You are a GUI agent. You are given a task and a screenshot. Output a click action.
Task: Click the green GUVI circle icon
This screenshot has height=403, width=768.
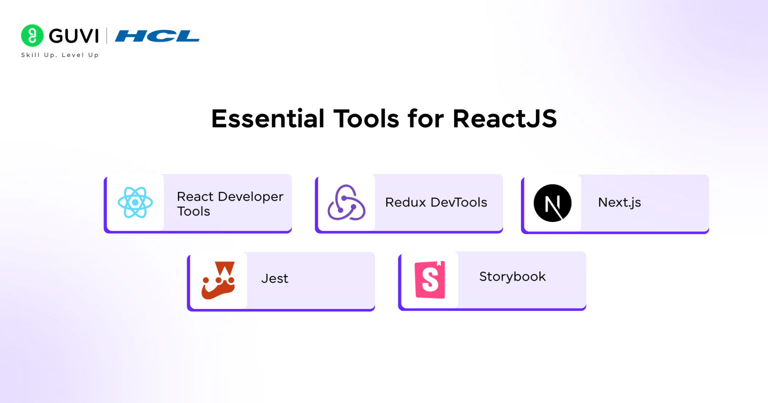(32, 35)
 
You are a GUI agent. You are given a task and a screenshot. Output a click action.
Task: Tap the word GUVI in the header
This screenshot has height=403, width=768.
(74, 36)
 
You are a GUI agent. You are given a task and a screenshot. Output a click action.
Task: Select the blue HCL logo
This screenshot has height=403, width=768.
(157, 36)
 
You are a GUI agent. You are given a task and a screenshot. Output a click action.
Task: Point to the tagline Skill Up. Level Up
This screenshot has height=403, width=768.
(60, 55)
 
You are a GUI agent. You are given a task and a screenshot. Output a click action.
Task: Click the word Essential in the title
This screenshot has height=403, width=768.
(268, 119)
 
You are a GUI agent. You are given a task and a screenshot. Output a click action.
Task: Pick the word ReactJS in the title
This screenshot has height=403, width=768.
(504, 119)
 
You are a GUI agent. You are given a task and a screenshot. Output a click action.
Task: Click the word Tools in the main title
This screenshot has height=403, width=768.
(366, 119)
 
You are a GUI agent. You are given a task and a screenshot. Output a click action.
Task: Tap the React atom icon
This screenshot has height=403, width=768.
(135, 202)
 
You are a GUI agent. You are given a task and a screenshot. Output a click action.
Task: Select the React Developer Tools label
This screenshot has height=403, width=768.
(230, 203)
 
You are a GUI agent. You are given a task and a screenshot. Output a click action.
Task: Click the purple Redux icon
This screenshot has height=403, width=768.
(346, 202)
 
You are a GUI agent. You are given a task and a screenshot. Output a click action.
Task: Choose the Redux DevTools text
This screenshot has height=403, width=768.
(436, 202)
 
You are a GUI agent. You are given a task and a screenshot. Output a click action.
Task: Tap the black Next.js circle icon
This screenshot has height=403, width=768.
(552, 203)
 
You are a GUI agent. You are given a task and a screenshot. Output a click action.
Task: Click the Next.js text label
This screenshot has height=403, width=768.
(619, 202)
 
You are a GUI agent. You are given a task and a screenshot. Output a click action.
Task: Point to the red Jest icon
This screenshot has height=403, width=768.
(218, 280)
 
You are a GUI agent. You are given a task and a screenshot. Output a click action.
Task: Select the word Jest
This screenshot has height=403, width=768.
(274, 278)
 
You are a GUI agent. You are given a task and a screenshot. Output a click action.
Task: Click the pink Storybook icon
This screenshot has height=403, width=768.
(430, 280)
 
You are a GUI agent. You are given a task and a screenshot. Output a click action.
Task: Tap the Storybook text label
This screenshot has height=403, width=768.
(512, 276)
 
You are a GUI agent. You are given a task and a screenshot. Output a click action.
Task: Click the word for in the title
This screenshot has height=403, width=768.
(425, 119)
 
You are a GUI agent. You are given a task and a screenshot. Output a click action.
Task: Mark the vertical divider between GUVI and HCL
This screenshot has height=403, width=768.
(106, 36)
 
